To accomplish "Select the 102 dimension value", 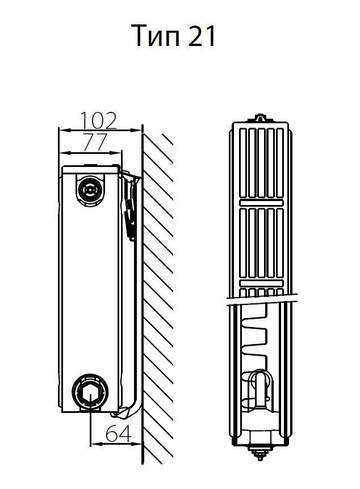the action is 98,120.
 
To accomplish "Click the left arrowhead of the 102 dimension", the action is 62,131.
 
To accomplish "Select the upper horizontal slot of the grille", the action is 261,202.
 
